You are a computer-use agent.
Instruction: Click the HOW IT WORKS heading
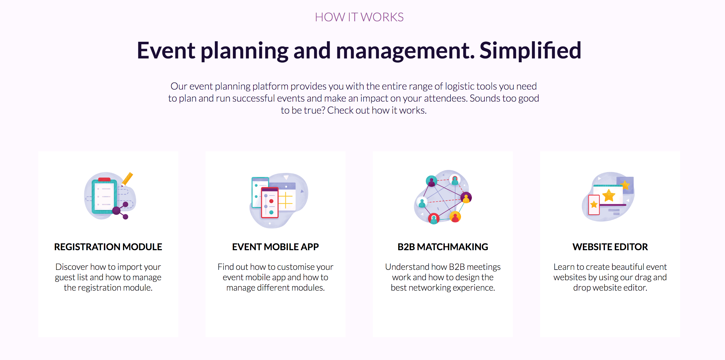click(359, 17)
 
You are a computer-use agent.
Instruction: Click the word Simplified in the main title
click(530, 51)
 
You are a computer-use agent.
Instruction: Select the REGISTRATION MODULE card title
click(108, 247)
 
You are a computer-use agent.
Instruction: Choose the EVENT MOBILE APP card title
click(275, 247)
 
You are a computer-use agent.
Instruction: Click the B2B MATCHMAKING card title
click(443, 247)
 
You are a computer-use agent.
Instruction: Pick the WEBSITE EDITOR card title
click(610, 247)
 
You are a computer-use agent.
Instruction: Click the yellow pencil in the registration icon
click(127, 179)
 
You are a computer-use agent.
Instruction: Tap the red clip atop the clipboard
click(104, 179)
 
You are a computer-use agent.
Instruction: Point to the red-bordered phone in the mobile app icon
click(270, 203)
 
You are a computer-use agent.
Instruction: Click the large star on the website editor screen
click(609, 195)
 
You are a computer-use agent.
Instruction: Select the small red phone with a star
click(594, 205)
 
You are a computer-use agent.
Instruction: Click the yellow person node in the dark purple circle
click(466, 197)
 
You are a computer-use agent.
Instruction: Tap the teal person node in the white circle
click(422, 202)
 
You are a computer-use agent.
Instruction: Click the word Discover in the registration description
click(72, 267)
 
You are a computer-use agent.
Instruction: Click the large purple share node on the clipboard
click(116, 210)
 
